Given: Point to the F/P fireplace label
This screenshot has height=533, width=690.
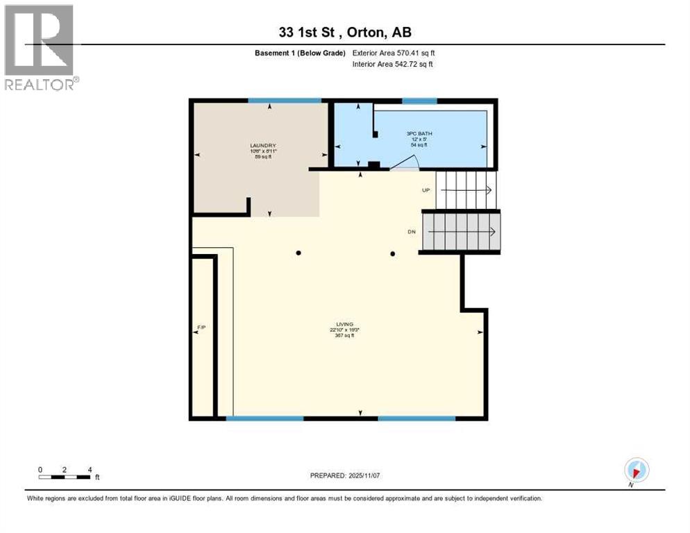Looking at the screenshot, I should click(x=200, y=325).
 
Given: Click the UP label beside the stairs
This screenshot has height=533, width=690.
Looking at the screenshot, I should click(x=427, y=189).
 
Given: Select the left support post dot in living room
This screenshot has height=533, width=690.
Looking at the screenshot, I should click(x=298, y=253).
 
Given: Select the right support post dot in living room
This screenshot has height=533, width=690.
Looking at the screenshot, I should click(x=392, y=253).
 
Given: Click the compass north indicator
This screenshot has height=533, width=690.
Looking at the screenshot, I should click(x=636, y=470).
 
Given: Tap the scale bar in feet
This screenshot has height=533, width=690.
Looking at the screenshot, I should click(x=65, y=475).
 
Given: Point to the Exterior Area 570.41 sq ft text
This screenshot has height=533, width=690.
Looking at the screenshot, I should click(x=394, y=53).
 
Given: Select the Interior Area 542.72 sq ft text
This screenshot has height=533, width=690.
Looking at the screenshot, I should click(x=394, y=65).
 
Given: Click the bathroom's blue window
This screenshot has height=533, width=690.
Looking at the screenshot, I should click(x=419, y=101).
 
